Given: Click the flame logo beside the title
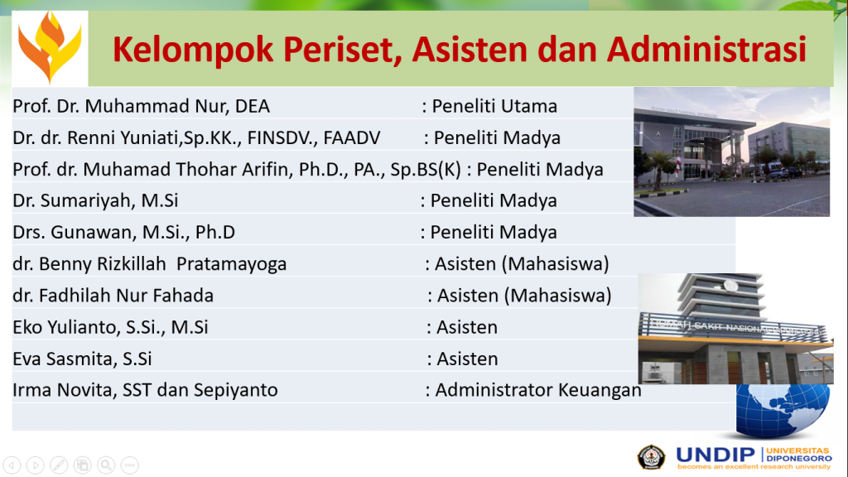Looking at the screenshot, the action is click(50, 47).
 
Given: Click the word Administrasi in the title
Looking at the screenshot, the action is click(706, 49).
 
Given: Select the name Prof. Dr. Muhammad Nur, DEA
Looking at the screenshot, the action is click(141, 106).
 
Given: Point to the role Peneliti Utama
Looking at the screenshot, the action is click(494, 106).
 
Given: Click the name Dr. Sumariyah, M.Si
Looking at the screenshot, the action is click(96, 200).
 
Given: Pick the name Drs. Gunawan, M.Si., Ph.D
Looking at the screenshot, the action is click(124, 232).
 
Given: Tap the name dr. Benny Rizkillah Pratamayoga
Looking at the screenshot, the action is click(150, 264).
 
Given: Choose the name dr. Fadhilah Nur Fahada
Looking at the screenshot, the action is click(113, 296).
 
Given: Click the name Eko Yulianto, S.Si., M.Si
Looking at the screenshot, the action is click(110, 327).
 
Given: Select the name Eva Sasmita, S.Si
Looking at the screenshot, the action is click(82, 359).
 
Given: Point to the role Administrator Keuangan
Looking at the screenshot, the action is click(538, 390).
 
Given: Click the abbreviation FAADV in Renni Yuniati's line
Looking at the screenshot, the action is click(352, 137).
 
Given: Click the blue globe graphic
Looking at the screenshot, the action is click(783, 410).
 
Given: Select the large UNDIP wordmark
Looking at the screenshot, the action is click(715, 455).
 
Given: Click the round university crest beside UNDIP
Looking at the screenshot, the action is click(651, 457).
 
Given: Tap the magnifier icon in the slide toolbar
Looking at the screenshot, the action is click(107, 465).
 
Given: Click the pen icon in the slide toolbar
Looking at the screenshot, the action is click(59, 465).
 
